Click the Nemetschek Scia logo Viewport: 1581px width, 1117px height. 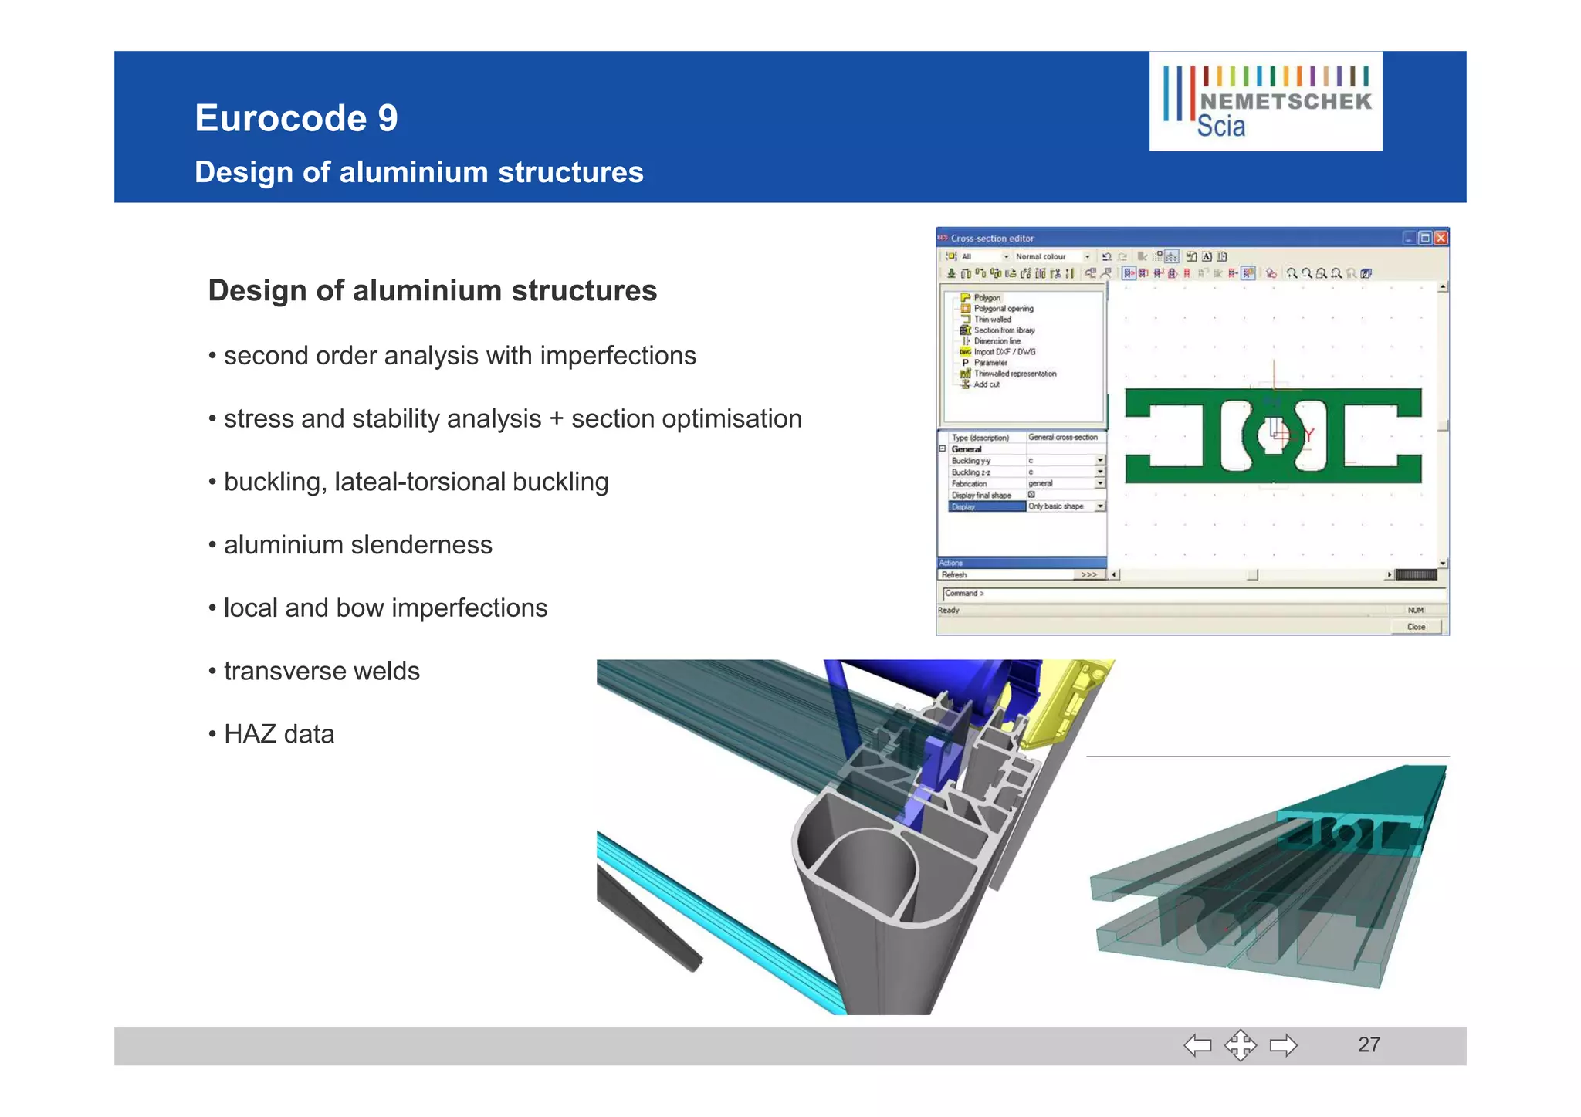pyautogui.click(x=1265, y=101)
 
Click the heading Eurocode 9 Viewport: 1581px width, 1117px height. pyautogui.click(x=296, y=118)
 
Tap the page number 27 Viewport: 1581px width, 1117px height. pyautogui.click(x=1369, y=1044)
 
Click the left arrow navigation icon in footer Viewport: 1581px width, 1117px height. pyautogui.click(x=1197, y=1046)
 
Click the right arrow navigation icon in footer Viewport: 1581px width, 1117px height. pyautogui.click(x=1283, y=1046)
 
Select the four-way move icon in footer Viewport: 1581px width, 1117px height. pyautogui.click(x=1240, y=1046)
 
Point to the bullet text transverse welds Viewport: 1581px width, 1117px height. pyautogui.click(x=321, y=671)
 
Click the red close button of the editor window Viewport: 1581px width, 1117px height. pyautogui.click(x=1441, y=238)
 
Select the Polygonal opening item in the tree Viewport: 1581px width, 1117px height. pyautogui.click(x=1003, y=309)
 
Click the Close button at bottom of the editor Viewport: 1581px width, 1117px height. pyautogui.click(x=1416, y=627)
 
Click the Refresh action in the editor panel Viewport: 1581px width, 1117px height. pyautogui.click(x=955, y=574)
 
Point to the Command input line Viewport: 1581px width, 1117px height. pyautogui.click(x=1189, y=593)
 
